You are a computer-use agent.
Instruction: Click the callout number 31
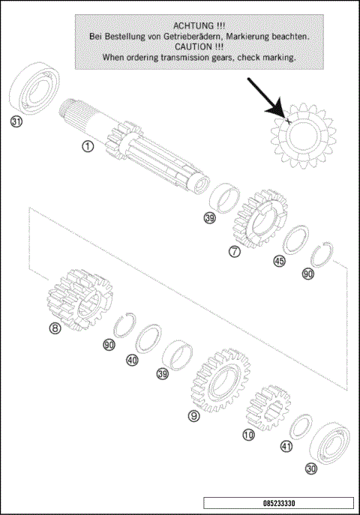pos(16,122)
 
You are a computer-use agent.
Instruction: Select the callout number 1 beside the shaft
pos(88,147)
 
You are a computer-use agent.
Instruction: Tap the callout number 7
pos(235,252)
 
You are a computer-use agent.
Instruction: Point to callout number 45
pos(279,262)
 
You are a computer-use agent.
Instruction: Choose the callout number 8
pos(55,328)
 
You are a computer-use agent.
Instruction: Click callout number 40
pos(132,360)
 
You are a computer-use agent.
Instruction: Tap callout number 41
pos(286,446)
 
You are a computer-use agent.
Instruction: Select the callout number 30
pos(310,469)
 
